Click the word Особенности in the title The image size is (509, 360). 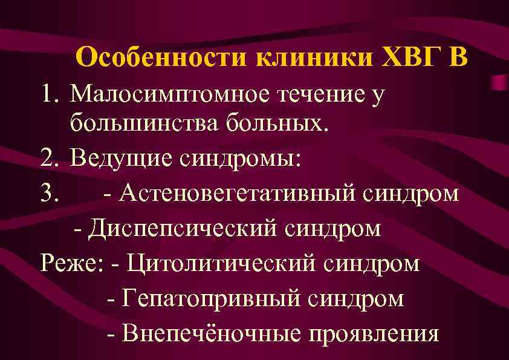(x=163, y=58)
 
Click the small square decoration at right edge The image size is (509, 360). (x=499, y=82)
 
